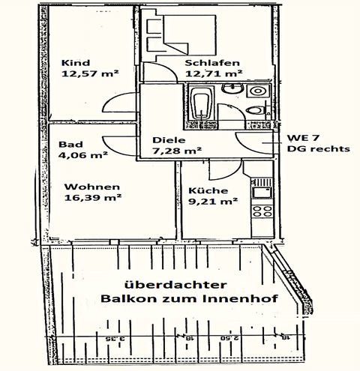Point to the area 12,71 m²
[x=213, y=73]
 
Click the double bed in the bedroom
[x=176, y=34]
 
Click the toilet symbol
[x=257, y=111]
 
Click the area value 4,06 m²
[x=82, y=157]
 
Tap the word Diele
[x=168, y=140]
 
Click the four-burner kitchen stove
[x=263, y=192]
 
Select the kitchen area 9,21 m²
[x=213, y=201]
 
